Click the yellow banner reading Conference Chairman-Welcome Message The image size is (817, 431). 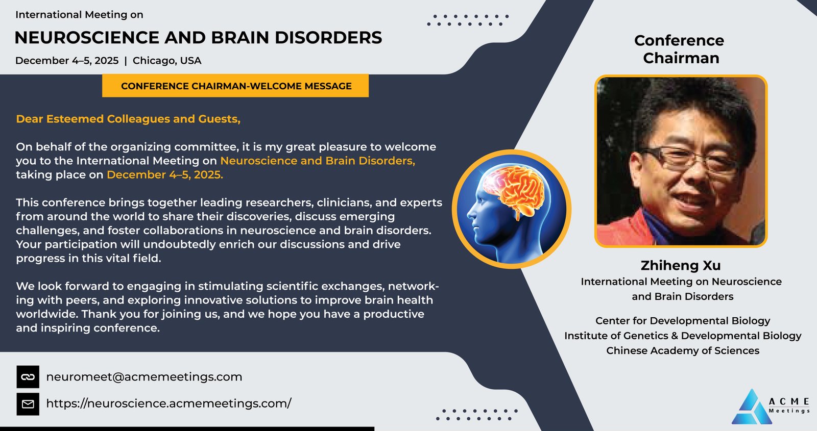(235, 86)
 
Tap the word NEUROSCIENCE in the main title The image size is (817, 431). (87, 38)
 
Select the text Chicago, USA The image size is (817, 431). (166, 61)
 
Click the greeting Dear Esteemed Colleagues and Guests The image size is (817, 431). (128, 119)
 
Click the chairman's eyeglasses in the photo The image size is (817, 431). (689, 160)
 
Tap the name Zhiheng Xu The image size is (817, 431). (681, 265)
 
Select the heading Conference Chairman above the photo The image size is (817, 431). (679, 49)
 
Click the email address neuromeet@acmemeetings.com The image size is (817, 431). (144, 377)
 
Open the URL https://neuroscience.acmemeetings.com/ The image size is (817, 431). (169, 403)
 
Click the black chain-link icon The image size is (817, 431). (28, 377)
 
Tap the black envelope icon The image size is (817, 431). (28, 404)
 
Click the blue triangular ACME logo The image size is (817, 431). (752, 408)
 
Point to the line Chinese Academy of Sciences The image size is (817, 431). (683, 350)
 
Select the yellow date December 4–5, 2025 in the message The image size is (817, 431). (165, 175)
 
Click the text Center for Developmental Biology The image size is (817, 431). (683, 321)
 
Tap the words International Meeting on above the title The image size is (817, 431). (79, 15)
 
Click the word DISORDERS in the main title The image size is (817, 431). (328, 38)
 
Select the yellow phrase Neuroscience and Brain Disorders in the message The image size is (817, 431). (318, 161)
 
